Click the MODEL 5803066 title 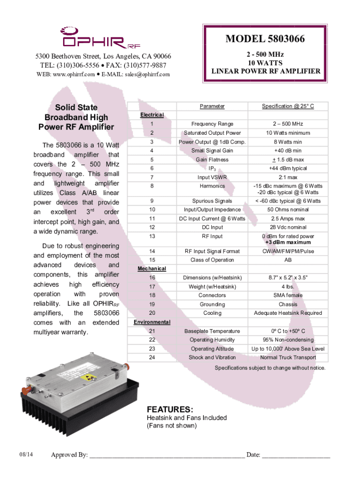[266, 39]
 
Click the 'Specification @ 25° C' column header [288, 106]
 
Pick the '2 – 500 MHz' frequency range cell [288, 124]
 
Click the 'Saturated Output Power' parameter [212, 133]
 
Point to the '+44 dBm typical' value [288, 168]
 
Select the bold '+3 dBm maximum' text [288, 242]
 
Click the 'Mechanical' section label [151, 269]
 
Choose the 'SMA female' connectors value [288, 295]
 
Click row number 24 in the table [152, 357]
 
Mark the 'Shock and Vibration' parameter [212, 357]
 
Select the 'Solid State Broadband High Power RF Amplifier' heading [76, 117]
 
